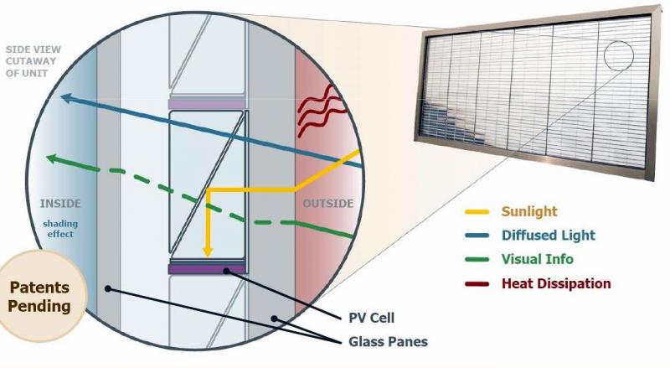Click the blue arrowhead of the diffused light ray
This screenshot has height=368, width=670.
[x=66, y=98]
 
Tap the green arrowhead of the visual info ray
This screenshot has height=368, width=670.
[x=52, y=158]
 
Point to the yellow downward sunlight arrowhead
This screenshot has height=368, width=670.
[x=208, y=251]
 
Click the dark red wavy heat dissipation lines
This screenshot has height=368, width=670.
[x=321, y=110]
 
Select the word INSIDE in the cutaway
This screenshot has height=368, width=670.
[x=60, y=204]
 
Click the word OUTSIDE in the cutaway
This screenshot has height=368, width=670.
[x=328, y=204]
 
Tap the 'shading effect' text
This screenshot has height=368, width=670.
[x=60, y=229]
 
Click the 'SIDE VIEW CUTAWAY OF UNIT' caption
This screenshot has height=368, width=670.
[x=33, y=61]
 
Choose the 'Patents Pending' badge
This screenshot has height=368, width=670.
[x=39, y=296]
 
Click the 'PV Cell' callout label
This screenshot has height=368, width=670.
[x=371, y=318]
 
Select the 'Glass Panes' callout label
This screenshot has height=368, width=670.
[x=388, y=341]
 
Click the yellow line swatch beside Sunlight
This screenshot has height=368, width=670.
[x=477, y=212]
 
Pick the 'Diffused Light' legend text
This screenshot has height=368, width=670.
[x=549, y=236]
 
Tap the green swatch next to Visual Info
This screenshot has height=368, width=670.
[x=477, y=259]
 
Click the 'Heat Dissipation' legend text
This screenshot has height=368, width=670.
[x=556, y=283]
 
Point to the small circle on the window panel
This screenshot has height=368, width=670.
[x=618, y=55]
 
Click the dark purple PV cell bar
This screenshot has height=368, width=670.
[x=208, y=269]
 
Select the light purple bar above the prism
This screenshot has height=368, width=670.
[x=207, y=105]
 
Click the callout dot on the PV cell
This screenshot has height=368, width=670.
[x=226, y=271]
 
